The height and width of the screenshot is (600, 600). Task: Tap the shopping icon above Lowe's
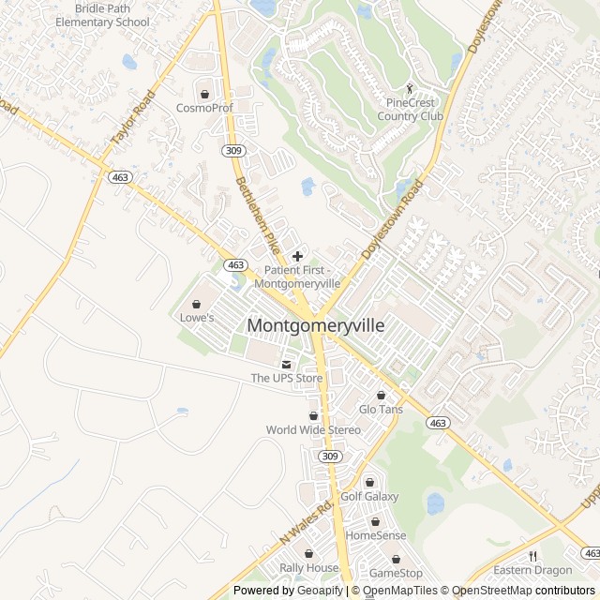pyautogui.click(x=197, y=304)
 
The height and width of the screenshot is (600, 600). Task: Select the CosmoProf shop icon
pyautogui.click(x=204, y=94)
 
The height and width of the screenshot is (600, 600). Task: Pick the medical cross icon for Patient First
pyautogui.click(x=298, y=256)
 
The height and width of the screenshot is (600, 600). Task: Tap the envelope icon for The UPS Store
pyautogui.click(x=287, y=365)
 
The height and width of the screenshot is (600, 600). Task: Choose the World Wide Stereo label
pyautogui.click(x=313, y=430)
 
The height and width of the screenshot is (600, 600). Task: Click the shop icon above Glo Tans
pyautogui.click(x=381, y=396)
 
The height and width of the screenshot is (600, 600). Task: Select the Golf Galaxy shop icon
pyautogui.click(x=369, y=482)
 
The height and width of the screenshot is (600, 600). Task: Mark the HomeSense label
pyautogui.click(x=375, y=535)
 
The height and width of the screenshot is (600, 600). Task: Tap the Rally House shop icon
pyautogui.click(x=308, y=554)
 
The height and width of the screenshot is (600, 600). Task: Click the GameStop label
pyautogui.click(x=396, y=573)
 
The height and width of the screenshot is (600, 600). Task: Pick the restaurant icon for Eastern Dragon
pyautogui.click(x=532, y=556)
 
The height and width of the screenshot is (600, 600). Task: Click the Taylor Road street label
pyautogui.click(x=132, y=117)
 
